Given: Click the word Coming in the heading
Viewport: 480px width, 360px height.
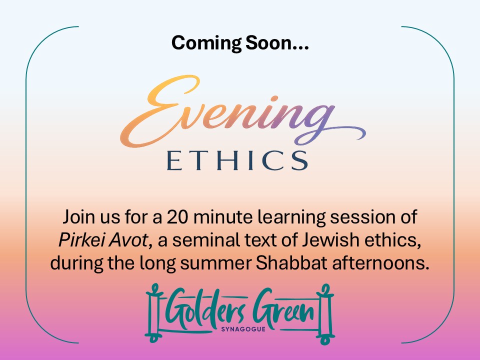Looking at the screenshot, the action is click(206, 43).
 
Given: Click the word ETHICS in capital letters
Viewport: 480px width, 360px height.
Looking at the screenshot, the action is click(237, 160).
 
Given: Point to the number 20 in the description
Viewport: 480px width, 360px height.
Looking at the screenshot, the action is click(177, 217).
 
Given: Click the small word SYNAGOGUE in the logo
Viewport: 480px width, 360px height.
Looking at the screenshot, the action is click(243, 329).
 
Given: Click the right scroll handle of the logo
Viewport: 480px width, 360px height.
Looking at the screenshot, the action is click(325, 314).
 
